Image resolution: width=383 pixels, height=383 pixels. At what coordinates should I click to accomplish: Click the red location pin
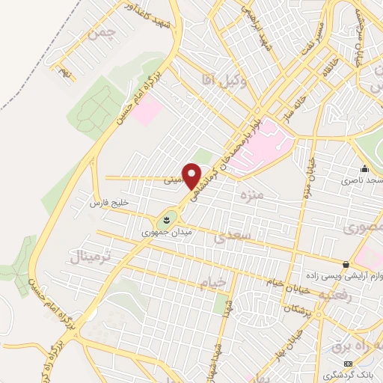coord(192,175)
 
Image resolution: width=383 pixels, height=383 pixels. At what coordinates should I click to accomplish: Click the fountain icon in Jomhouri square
coord(164,220)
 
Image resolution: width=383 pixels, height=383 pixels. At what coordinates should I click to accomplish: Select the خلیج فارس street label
coord(109,203)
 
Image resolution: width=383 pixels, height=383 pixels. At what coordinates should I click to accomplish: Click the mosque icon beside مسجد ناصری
coord(364,169)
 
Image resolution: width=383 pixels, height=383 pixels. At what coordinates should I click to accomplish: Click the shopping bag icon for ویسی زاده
coord(346,264)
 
